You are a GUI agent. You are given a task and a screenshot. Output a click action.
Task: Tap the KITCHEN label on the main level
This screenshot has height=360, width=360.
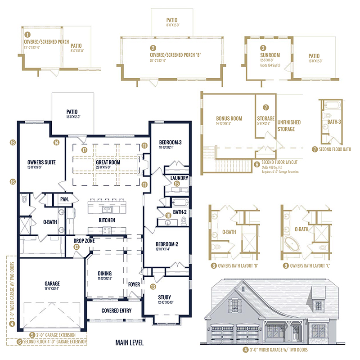coord(107,220)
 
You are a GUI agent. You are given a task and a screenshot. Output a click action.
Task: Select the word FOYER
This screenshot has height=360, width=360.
coord(135,284)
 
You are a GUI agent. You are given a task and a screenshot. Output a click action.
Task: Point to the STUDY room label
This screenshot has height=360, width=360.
coord(165,297)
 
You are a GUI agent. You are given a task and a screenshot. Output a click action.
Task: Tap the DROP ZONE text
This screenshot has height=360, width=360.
coord(84,241)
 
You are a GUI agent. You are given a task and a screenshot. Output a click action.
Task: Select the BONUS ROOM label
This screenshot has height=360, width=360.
coord(229,119)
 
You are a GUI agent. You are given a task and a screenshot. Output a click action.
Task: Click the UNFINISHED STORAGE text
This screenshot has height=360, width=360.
coord(289,126)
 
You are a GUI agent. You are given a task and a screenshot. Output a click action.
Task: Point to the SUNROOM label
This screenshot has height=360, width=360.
coord(270,55)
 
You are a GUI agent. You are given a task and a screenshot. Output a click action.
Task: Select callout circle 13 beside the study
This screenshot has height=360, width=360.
coord(153,286)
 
